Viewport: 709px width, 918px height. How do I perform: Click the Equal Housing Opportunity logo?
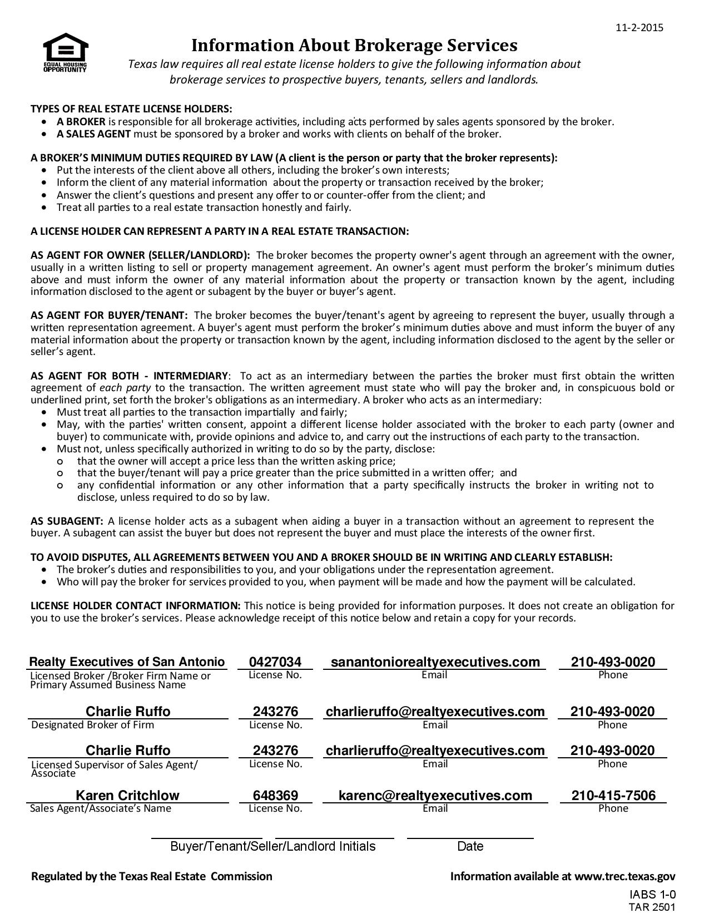[65, 52]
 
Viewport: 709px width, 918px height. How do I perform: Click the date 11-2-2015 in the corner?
[639, 28]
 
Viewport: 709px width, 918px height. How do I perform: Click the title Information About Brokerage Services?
[354, 45]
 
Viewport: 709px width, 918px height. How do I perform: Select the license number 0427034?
[275, 662]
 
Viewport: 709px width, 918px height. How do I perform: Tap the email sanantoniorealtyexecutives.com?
[435, 662]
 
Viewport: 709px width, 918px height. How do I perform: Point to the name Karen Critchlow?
[127, 796]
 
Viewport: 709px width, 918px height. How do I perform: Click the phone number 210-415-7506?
[613, 796]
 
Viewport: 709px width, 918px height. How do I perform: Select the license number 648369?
[275, 796]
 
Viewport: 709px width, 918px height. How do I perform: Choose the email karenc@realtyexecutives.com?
[435, 796]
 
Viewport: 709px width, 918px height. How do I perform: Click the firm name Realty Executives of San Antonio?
[127, 662]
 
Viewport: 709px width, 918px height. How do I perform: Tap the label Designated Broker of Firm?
[92, 725]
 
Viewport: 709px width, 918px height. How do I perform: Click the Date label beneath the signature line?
[470, 846]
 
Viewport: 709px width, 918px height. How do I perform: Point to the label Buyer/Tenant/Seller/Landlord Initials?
[272, 846]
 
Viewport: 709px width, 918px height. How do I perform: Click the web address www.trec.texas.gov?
[624, 876]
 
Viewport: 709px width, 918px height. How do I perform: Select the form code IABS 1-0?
[652, 895]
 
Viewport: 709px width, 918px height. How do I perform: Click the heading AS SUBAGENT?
[67, 521]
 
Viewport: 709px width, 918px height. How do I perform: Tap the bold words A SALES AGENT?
[93, 134]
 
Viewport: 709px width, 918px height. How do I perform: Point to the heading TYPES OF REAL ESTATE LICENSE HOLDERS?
[131, 108]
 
